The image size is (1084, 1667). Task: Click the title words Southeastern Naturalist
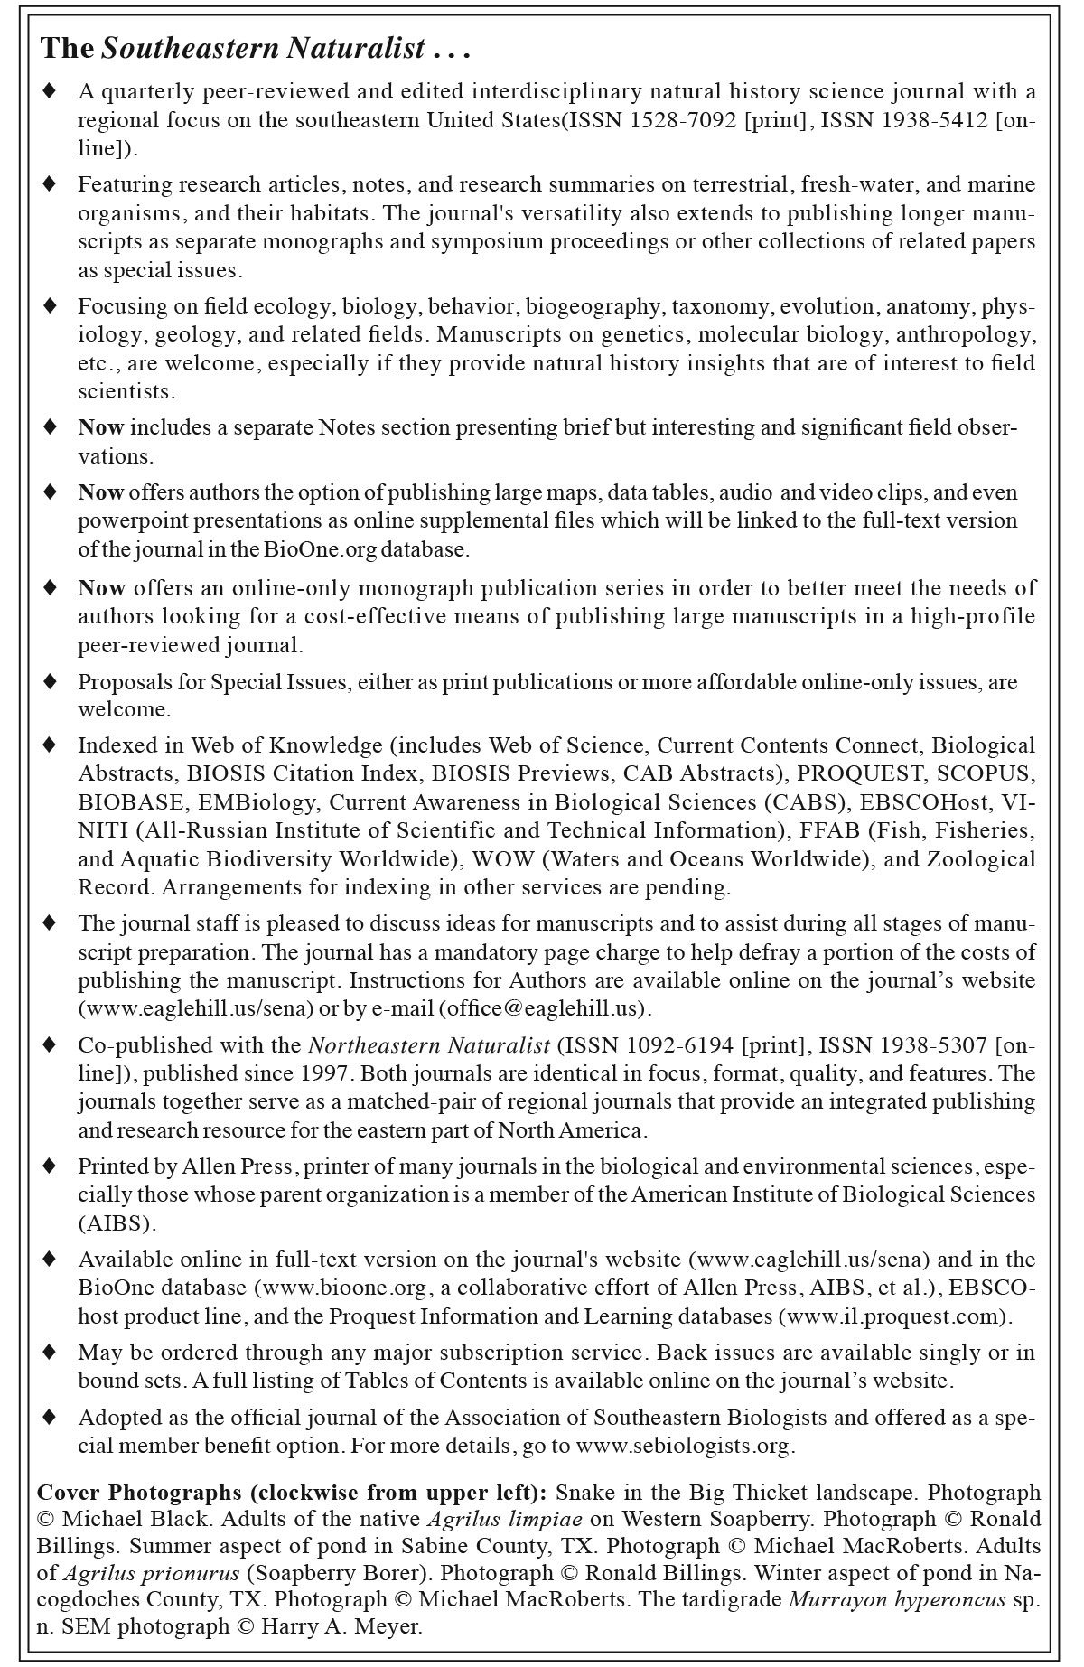pos(263,50)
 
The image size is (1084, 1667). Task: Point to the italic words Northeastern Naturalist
pos(429,1046)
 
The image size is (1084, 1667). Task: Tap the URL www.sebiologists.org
pos(684,1446)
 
